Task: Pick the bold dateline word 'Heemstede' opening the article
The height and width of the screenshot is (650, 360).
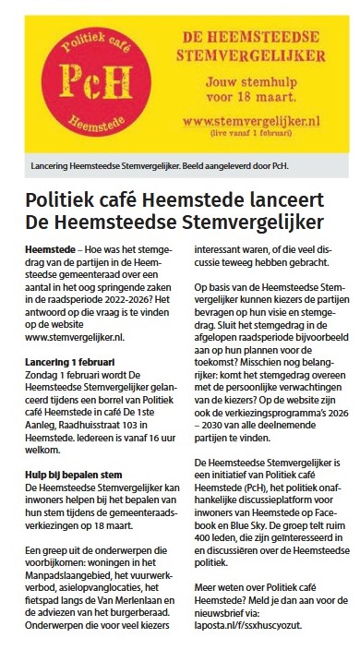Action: (x=47, y=249)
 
